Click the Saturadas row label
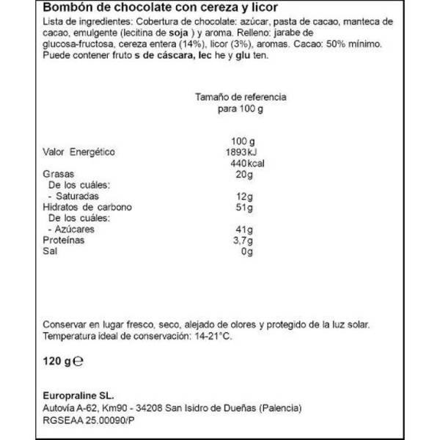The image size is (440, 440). click(77, 197)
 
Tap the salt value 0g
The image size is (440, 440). click(247, 252)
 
